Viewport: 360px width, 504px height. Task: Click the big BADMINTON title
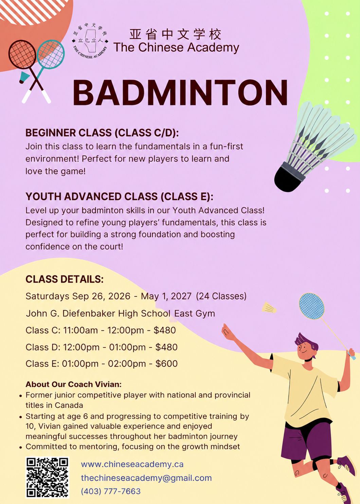pyautogui.click(x=180, y=92)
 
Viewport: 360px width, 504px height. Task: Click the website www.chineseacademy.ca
pyautogui.click(x=132, y=464)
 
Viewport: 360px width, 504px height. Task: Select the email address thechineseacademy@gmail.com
pyautogui.click(x=146, y=478)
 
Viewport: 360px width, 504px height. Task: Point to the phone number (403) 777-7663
pyautogui.click(x=111, y=491)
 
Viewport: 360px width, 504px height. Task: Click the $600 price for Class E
pyautogui.click(x=166, y=364)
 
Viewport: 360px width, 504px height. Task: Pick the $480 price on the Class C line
pyautogui.click(x=165, y=330)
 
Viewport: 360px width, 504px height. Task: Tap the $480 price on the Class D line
pyautogui.click(x=166, y=347)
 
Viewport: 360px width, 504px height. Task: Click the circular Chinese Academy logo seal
pyautogui.click(x=90, y=41)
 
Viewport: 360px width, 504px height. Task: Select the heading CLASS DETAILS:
pyautogui.click(x=65, y=279)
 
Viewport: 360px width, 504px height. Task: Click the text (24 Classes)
pyautogui.click(x=221, y=296)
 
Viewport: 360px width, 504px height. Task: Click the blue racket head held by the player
pyautogui.click(x=312, y=306)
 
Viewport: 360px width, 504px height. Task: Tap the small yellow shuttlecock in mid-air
pyautogui.click(x=269, y=308)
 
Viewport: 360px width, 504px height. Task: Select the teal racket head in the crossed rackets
pyautogui.click(x=51, y=54)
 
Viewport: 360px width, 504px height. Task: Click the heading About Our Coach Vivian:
pyautogui.click(x=74, y=384)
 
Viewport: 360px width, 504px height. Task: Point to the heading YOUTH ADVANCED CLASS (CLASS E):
pyautogui.click(x=119, y=197)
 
